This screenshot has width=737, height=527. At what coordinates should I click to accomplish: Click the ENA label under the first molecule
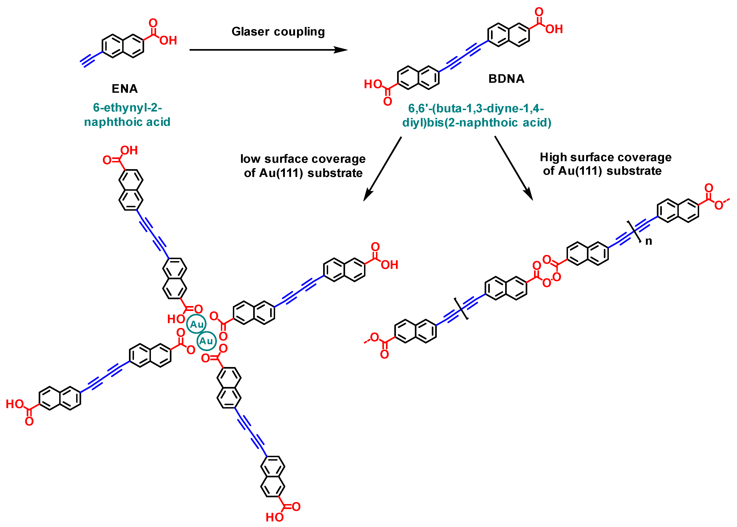click(x=125, y=89)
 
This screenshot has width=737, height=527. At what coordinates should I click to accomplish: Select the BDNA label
click(x=506, y=79)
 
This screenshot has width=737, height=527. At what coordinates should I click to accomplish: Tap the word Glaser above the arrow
click(x=250, y=32)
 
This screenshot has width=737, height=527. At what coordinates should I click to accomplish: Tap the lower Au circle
click(x=206, y=341)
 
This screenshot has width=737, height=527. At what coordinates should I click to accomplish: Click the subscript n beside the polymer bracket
click(x=648, y=241)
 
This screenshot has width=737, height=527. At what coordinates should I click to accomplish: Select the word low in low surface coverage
click(x=250, y=159)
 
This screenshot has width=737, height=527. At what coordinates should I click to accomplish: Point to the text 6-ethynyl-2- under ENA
click(x=127, y=107)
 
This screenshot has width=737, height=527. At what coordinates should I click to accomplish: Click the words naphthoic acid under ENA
click(x=127, y=122)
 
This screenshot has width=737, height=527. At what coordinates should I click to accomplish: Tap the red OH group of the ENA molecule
click(x=168, y=40)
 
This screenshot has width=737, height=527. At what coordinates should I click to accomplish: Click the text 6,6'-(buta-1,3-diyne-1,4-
click(x=476, y=108)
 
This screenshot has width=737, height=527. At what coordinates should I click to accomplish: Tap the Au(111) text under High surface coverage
click(x=580, y=171)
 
